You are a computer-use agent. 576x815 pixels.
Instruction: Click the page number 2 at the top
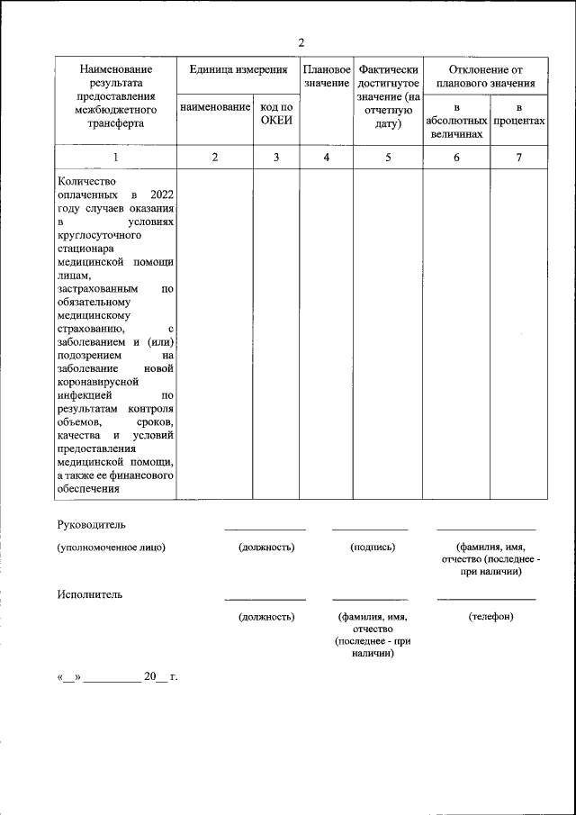pyautogui.click(x=301, y=42)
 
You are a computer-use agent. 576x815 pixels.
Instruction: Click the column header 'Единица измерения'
pyautogui.click(x=238, y=69)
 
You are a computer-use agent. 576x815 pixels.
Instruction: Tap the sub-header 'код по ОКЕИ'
pyautogui.click(x=276, y=114)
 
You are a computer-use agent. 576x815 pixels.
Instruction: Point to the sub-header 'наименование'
pyautogui.click(x=215, y=108)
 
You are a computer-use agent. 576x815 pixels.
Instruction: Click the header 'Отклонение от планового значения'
pyautogui.click(x=484, y=76)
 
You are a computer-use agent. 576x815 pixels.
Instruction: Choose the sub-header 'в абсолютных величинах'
pyautogui.click(x=455, y=121)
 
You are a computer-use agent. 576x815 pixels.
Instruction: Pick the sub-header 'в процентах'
pyautogui.click(x=518, y=113)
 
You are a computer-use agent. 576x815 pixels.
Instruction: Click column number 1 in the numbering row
pyautogui.click(x=114, y=158)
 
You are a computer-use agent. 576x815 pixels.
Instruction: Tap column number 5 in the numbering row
pyautogui.click(x=388, y=158)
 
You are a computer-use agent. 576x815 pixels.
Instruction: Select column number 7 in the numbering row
pyautogui.click(x=518, y=158)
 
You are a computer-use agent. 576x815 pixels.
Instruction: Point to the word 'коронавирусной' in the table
pyautogui.click(x=96, y=381)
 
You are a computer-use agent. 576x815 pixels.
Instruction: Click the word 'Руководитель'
pyautogui.click(x=91, y=524)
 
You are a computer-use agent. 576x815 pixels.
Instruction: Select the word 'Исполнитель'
pyautogui.click(x=88, y=594)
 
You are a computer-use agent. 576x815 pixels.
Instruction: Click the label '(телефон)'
pyautogui.click(x=490, y=617)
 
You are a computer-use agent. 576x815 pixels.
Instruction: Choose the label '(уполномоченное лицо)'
pyautogui.click(x=112, y=547)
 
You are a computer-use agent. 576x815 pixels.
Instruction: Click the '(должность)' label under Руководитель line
pyautogui.click(x=265, y=547)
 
